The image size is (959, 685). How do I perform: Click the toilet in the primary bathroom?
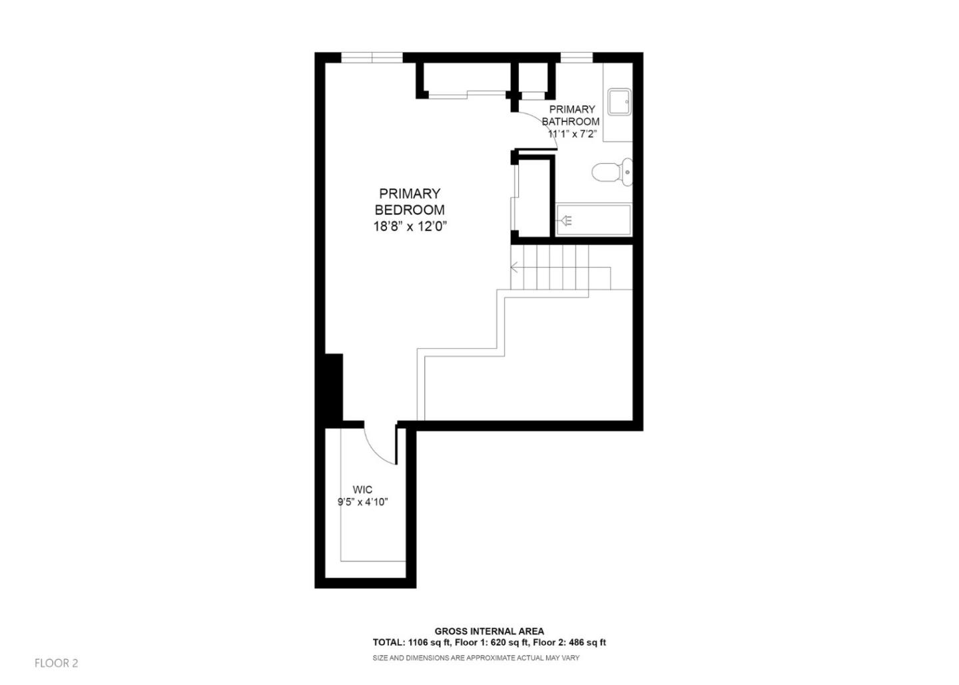611,172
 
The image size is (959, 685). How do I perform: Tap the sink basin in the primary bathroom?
619,101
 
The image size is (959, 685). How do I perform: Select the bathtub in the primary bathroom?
593,220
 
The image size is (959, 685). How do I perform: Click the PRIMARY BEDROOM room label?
410,202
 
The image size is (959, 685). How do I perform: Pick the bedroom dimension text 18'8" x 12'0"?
410,226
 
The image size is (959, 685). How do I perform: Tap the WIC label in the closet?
362,490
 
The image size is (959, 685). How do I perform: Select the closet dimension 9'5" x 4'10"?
362,503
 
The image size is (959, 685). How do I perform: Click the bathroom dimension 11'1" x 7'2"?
572,134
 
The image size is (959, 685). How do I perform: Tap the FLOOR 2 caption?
57,663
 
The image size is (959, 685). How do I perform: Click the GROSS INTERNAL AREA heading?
489,631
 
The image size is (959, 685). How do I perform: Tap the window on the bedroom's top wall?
372,57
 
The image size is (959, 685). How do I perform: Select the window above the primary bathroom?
576,57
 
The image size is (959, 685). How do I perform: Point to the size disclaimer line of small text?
476,658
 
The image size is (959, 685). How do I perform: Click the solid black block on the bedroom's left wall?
334,387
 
